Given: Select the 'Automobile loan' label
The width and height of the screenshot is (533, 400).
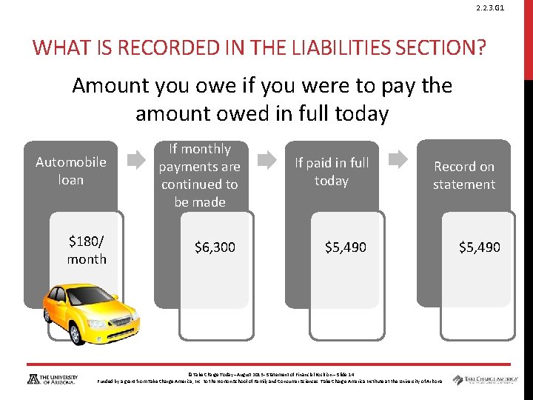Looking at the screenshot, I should point(71,170).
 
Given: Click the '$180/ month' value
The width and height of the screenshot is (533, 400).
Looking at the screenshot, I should point(87,250).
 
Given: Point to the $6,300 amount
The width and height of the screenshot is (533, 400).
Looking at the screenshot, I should point(215,247).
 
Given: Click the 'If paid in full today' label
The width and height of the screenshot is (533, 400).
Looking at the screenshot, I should point(331,171).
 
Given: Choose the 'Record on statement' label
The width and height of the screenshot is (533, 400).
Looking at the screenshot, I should point(463,175).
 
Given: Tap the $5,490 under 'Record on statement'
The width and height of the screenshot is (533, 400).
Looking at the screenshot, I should point(479,247).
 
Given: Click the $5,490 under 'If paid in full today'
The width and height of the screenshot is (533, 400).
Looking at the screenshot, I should point(346,247).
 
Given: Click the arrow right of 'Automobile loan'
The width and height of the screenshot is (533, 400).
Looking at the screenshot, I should point(137,158).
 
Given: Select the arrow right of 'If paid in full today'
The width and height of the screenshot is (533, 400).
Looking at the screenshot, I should point(398,158).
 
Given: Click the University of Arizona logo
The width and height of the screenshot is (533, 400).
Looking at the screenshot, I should point(53,379).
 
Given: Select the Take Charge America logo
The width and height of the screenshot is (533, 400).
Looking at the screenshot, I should point(485,379).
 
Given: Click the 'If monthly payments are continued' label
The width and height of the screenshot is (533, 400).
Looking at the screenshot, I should point(199,175).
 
